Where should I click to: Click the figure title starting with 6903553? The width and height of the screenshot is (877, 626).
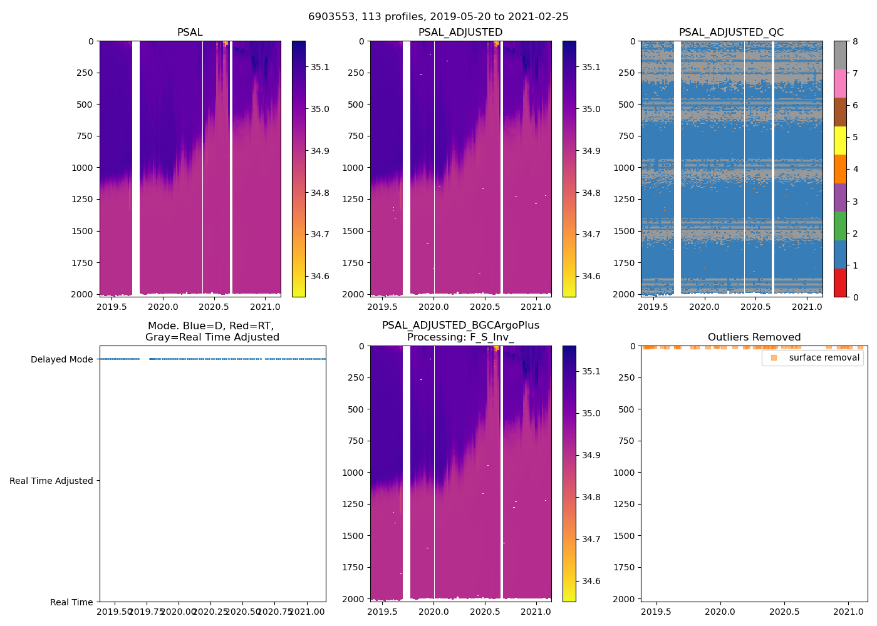(438, 17)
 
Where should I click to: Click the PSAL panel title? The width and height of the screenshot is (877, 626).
(190, 33)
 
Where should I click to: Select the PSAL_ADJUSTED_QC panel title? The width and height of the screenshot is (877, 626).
(731, 33)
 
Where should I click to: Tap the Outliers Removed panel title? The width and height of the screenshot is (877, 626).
(754, 337)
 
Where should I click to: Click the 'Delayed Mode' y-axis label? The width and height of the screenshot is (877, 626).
(61, 359)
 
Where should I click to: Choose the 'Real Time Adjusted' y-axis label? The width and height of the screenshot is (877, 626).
(51, 481)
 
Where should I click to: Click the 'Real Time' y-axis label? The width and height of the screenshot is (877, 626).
(71, 602)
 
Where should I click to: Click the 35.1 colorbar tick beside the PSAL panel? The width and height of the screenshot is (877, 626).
(320, 67)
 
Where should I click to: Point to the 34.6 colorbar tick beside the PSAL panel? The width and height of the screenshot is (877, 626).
(320, 276)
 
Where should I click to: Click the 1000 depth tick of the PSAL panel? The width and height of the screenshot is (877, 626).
(82, 168)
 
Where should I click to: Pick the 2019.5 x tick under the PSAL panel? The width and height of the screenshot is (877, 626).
(112, 307)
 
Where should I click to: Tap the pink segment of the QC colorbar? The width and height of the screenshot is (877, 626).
(840, 83)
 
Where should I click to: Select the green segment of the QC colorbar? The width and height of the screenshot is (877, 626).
(840, 225)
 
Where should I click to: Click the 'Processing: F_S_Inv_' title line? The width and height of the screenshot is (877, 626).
(460, 337)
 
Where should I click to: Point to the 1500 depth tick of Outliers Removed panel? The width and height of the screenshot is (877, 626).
(623, 536)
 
